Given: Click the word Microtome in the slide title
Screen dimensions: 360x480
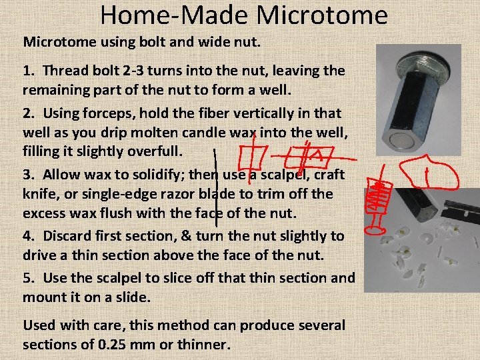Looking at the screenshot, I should (x=322, y=14).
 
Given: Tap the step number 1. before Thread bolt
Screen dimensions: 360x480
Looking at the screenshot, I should (x=30, y=70).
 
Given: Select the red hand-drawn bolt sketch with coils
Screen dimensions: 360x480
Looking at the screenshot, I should (x=379, y=200).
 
